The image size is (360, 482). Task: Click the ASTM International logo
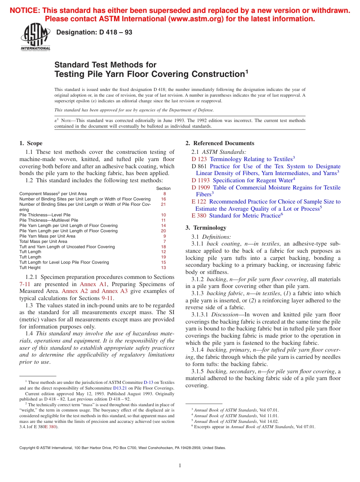click(35, 38)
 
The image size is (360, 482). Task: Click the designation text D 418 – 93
click(94, 33)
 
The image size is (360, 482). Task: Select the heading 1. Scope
click(31, 143)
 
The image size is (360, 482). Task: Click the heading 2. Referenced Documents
click(220, 143)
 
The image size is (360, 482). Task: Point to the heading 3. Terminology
click(206, 228)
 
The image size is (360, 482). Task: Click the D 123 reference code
click(199, 159)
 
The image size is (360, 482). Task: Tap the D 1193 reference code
click(201, 180)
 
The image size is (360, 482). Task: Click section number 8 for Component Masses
click(164, 194)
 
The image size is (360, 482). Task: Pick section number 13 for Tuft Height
click(163, 268)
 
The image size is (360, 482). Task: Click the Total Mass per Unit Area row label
click(43, 241)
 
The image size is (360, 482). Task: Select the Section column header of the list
click(163, 188)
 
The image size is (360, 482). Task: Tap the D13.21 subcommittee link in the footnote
click(121, 388)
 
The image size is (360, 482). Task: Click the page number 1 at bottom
click(180, 466)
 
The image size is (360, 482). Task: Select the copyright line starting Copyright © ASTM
click(122, 448)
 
